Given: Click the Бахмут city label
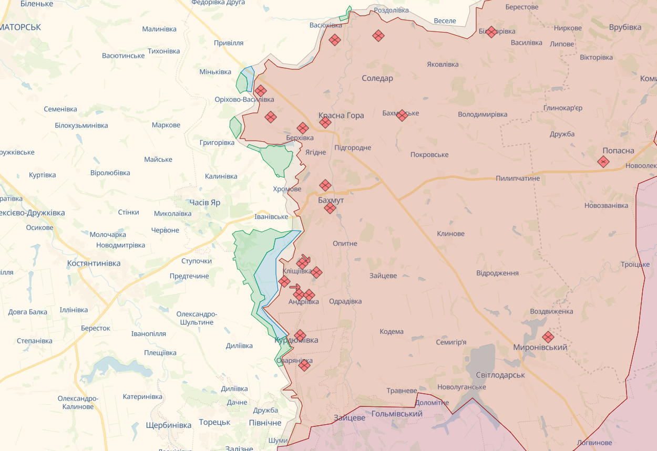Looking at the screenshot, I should [x=331, y=200].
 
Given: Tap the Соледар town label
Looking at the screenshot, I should [x=377, y=78].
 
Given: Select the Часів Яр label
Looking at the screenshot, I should [x=204, y=202].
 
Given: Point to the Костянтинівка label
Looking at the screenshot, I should [x=94, y=263].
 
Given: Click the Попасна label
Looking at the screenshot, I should [x=618, y=150].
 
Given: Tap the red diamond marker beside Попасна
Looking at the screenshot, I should [x=603, y=162].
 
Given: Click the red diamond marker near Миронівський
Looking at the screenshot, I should [x=548, y=337].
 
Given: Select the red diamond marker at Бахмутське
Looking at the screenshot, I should [x=402, y=116].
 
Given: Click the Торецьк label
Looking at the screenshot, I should [x=214, y=422].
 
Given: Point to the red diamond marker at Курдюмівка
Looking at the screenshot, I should [x=300, y=335].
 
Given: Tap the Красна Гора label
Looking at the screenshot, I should [x=341, y=116].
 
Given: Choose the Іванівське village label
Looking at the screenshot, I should [x=271, y=216].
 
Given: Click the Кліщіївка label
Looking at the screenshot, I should [x=297, y=271].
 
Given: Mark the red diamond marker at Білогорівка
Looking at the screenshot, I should [x=491, y=32].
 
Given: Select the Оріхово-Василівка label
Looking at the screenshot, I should [x=244, y=99].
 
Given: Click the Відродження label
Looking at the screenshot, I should [x=497, y=273].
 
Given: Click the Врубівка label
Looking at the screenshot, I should [x=625, y=27].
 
